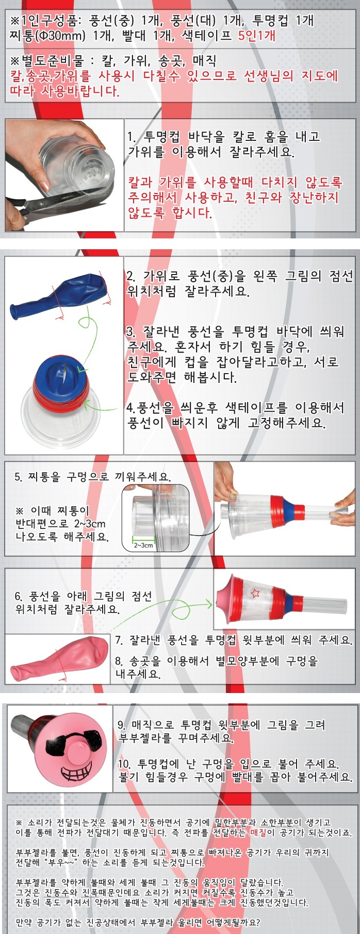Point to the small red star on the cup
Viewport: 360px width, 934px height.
click(x=255, y=593)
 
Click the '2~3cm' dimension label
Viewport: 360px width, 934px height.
click(x=143, y=545)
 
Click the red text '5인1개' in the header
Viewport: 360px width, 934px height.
click(x=257, y=36)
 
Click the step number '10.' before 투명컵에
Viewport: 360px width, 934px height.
click(x=124, y=764)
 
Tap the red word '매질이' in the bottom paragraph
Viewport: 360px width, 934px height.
click(x=263, y=832)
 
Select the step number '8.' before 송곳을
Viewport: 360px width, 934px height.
click(x=119, y=661)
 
